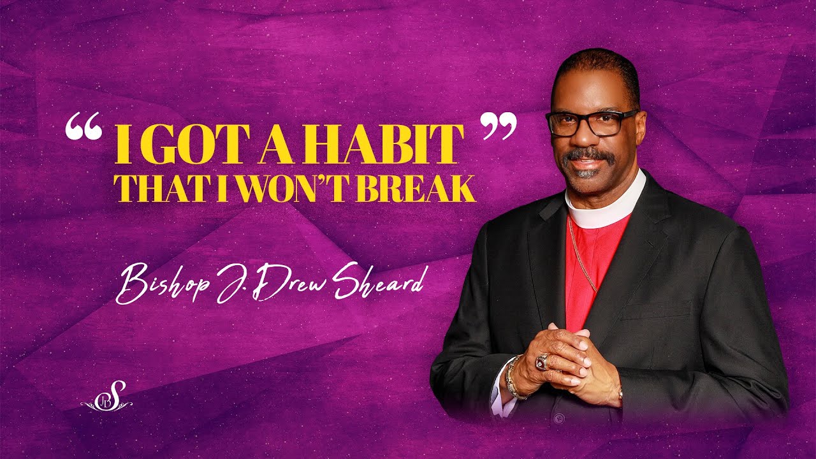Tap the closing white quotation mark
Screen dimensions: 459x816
[x=498, y=126]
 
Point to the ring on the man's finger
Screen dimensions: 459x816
[x=543, y=362]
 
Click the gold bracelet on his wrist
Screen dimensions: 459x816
[x=513, y=379]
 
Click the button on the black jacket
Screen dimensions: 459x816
[x=559, y=418]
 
